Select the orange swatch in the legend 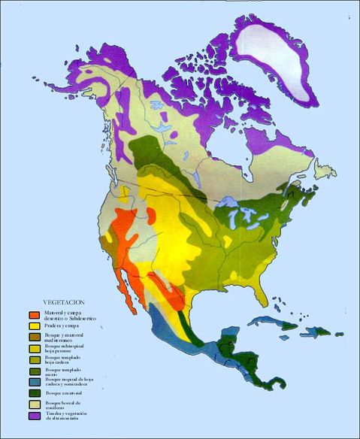coord(34,314)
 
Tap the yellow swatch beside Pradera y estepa coord(34,326)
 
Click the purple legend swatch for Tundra coord(34,415)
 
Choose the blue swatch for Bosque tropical coord(34,380)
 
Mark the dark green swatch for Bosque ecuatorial coord(34,392)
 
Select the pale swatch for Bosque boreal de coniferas coord(34,405)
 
